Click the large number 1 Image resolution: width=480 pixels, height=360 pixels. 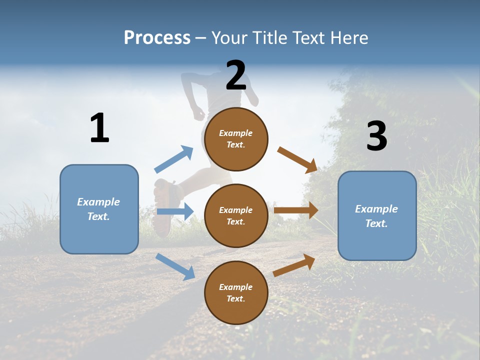click(99, 128)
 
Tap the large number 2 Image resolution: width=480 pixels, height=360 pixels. click(236, 75)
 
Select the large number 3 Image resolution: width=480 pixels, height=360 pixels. click(377, 136)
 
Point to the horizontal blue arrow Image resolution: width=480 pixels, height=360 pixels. click(175, 211)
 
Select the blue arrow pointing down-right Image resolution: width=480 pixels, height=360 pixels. click(175, 266)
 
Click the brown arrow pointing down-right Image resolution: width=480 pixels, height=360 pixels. click(297, 160)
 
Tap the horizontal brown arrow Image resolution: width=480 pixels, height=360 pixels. click(296, 210)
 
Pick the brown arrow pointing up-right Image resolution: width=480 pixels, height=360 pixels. click(294, 265)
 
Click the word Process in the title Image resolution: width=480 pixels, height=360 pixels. click(157, 37)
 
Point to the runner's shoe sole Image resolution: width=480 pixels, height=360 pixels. click(162, 210)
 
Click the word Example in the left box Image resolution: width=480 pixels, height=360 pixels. click(98, 202)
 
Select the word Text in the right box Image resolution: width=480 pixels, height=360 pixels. click(376, 223)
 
